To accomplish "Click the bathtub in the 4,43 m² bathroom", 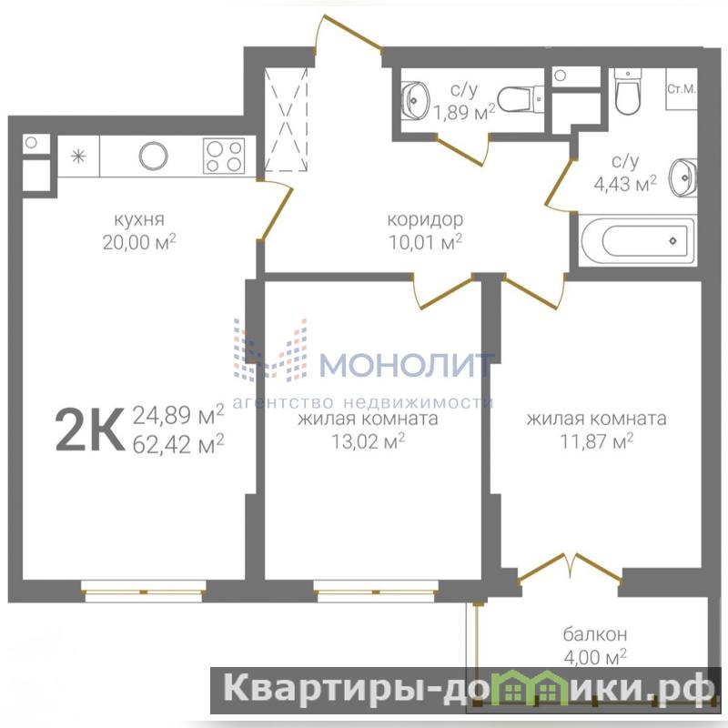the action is click(x=637, y=240).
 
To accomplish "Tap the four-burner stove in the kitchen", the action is click(x=224, y=156).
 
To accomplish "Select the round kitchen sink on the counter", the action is click(x=153, y=156).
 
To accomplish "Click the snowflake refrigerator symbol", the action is click(x=78, y=156).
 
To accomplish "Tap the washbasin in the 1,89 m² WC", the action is click(x=415, y=100).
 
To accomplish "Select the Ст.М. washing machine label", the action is click(x=681, y=89).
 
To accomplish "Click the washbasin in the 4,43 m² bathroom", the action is click(x=683, y=177).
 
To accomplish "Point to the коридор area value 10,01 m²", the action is click(x=425, y=242).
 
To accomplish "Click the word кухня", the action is click(x=139, y=219).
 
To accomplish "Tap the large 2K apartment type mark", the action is click(x=90, y=429).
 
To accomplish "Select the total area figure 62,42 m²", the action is click(x=178, y=444).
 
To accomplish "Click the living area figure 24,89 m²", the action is click(x=178, y=414).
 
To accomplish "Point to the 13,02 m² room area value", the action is click(x=368, y=441).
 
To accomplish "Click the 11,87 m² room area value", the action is click(x=597, y=441).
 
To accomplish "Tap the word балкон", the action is click(x=595, y=633).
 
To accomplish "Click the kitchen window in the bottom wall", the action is click(x=144, y=591).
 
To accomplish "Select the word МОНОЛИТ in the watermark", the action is click(x=407, y=365).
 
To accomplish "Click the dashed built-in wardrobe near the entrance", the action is click(x=286, y=120).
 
